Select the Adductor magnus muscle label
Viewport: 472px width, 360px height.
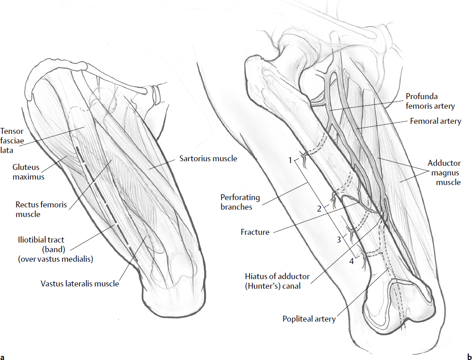click(x=444, y=172)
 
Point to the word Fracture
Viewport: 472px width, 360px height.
click(x=255, y=232)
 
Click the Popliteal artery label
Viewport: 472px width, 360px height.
click(x=309, y=319)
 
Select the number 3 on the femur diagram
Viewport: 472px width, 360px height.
click(x=339, y=239)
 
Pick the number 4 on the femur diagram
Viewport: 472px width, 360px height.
click(x=351, y=261)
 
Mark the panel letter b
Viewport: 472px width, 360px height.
click(x=468, y=356)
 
